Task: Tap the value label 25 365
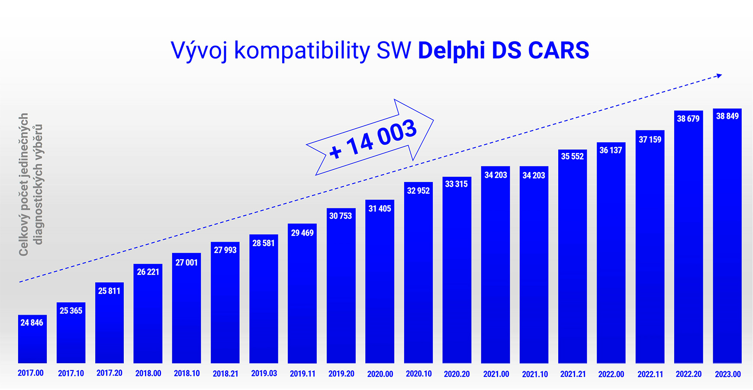(71, 311)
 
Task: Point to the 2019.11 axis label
(302, 374)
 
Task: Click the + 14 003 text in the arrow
(373, 139)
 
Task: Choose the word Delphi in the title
(451, 50)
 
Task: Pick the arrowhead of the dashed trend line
(719, 76)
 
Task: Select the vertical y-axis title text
(30, 185)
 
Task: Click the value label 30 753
(341, 216)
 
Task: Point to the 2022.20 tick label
(689, 374)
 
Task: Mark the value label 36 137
(611, 150)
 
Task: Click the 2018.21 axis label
(225, 374)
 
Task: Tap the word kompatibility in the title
(302, 51)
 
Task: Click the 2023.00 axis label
(727, 374)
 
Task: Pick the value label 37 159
(650, 140)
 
